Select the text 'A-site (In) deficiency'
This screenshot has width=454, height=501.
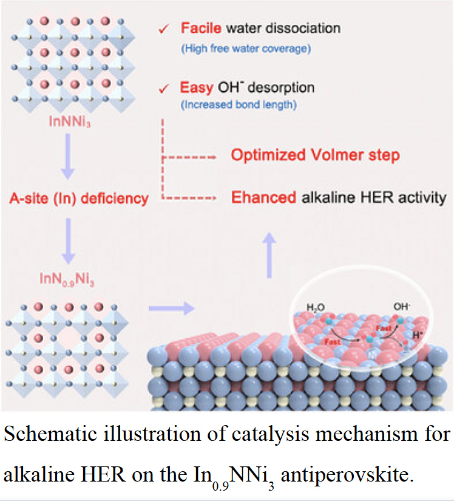pos(78,198)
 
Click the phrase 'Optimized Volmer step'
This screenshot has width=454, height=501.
pos(315,155)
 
